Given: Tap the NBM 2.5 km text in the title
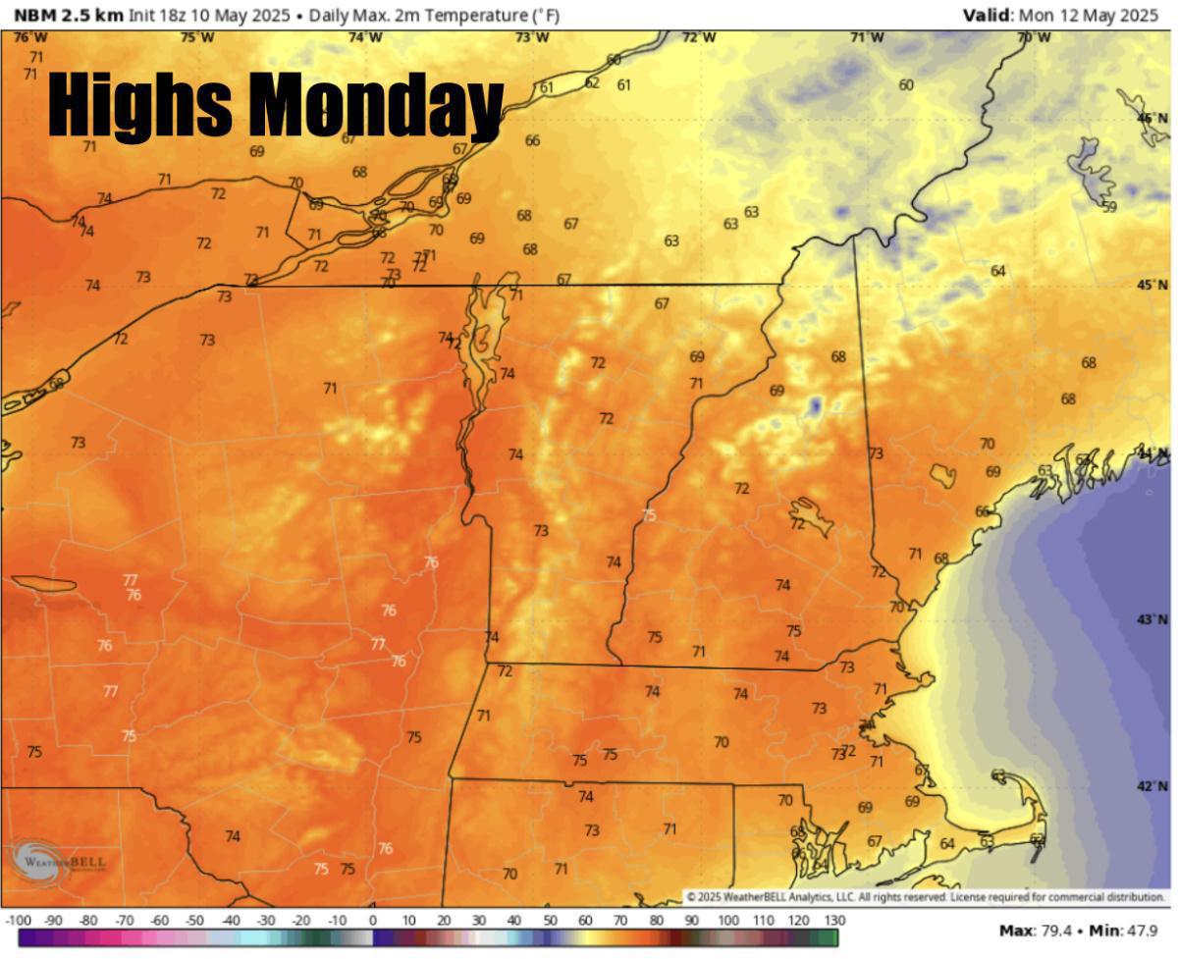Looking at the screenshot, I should tap(68, 16).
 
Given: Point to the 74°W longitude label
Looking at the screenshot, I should tap(365, 37).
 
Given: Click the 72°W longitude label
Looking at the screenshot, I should tap(699, 37).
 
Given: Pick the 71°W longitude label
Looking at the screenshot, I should tap(866, 37).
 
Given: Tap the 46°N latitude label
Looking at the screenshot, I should tap(1151, 118).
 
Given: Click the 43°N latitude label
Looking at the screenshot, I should tap(1151, 619).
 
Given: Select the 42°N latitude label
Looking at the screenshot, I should tap(1151, 786).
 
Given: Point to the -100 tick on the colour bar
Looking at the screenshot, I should tap(19, 921).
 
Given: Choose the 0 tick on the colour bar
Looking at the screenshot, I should tap(373, 921).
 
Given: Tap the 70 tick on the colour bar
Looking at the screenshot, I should tap(620, 921).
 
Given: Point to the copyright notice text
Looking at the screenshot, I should tap(925, 897).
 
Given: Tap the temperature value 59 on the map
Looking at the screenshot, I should tap(1109, 207).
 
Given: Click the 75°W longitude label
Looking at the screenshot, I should tap(197, 37).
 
